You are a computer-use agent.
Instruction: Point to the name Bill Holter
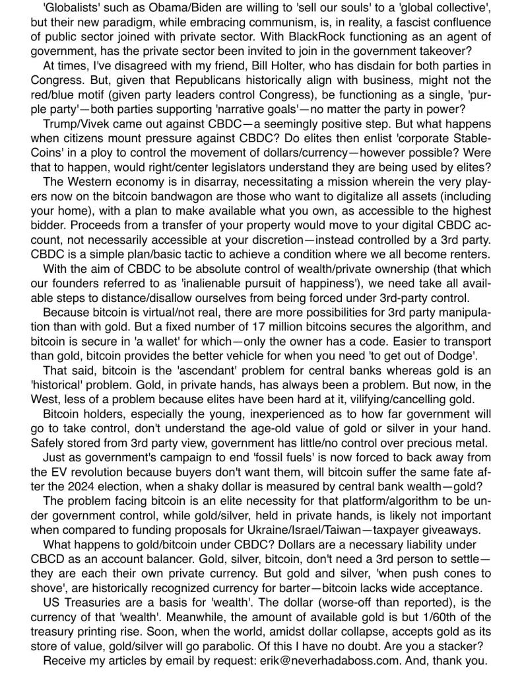pyautogui.click(x=298, y=65)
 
